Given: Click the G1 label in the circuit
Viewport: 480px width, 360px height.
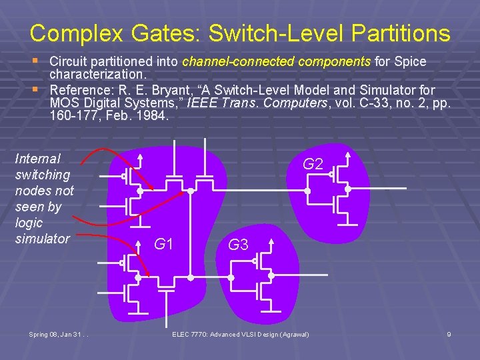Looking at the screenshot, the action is tap(164, 244).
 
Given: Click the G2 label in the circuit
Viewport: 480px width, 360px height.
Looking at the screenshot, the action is tap(313, 164).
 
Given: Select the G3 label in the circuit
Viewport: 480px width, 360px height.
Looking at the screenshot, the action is tap(238, 245).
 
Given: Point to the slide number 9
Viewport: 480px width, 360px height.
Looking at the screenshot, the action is tap(449, 333).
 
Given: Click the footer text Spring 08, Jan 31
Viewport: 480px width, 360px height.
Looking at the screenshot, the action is tap(59, 333).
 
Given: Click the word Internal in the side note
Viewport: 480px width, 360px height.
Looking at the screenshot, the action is tap(37, 159).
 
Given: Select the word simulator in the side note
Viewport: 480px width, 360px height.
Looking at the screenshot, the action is tap(42, 238).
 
